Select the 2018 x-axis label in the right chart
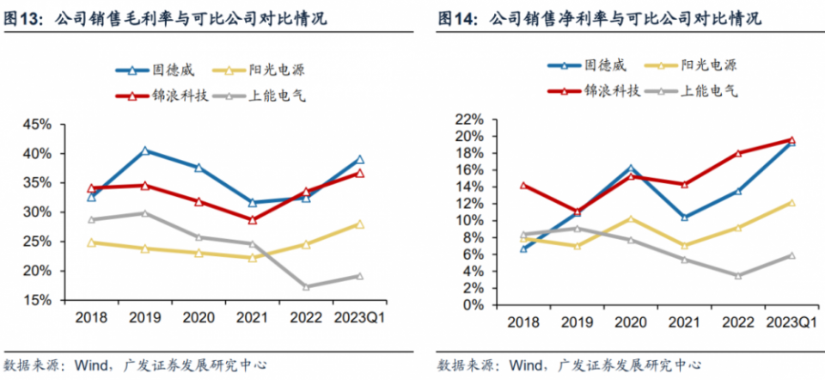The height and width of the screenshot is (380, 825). (522, 322)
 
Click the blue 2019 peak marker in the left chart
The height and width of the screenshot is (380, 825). (144, 150)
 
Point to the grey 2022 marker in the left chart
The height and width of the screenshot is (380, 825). (307, 286)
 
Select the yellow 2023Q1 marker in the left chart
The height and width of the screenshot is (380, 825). (360, 224)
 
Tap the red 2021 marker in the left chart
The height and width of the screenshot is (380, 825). (252, 220)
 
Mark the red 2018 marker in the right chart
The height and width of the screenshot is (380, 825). (522, 185)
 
